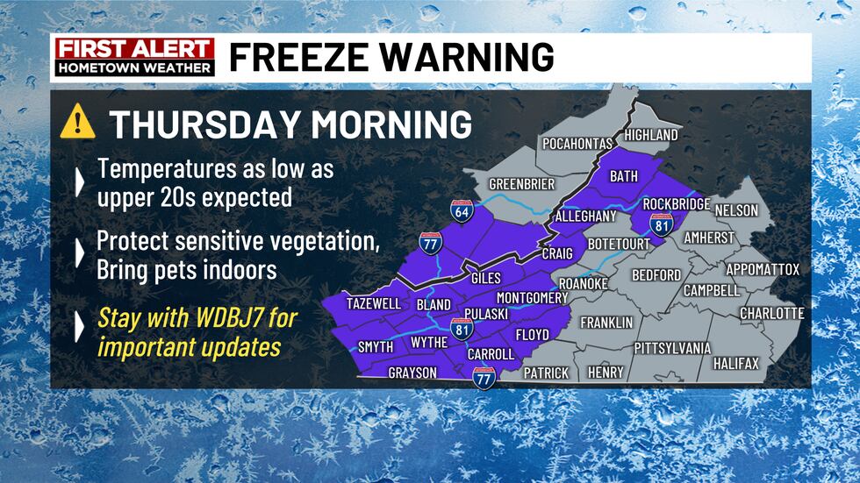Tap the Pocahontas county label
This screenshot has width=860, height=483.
[x=578, y=144]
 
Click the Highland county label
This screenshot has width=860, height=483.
[x=650, y=135]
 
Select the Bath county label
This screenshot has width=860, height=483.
[x=624, y=176]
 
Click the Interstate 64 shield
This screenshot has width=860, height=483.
[x=462, y=210]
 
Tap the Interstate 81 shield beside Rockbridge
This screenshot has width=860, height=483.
[x=662, y=223]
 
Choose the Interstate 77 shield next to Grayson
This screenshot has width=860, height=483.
[x=484, y=378]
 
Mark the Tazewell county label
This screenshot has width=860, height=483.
[x=374, y=303]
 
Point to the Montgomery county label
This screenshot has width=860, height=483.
[x=532, y=298]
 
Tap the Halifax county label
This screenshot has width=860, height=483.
[x=735, y=362]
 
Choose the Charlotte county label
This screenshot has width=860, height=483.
[x=772, y=313]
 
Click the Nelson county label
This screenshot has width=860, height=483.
[x=736, y=211]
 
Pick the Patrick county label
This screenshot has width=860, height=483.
[x=546, y=373]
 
